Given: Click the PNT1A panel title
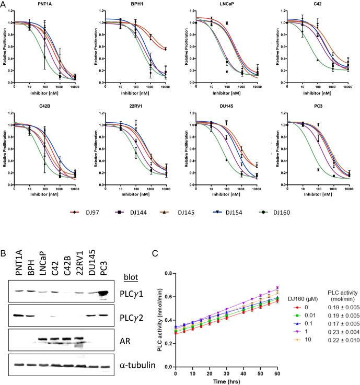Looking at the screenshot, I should pyautogui.click(x=44, y=4).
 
